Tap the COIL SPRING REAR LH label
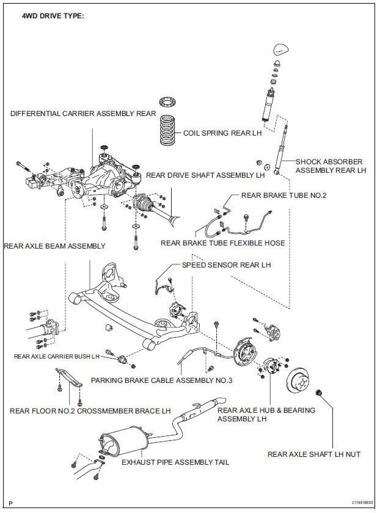222,133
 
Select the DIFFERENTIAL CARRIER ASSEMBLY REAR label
83,114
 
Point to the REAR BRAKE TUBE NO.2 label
284,195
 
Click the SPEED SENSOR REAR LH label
226,265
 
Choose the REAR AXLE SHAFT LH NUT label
314,454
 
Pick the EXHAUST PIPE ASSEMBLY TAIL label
175,462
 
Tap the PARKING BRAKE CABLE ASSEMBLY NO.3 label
162,380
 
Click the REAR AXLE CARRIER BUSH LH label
57,355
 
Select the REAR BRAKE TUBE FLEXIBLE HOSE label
223,243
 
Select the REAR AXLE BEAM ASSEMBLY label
54,246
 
